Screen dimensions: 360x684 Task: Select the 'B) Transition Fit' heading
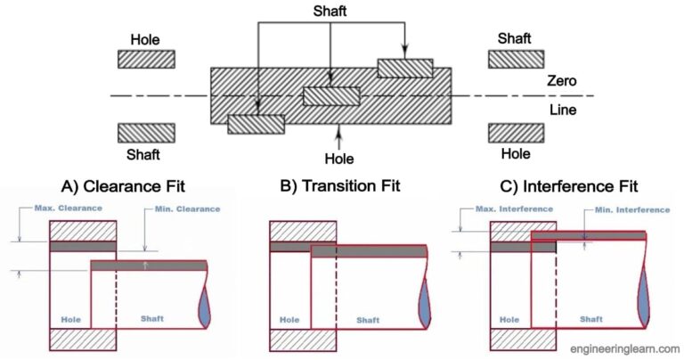[x=342, y=186]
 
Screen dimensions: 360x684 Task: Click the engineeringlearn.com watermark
[x=619, y=348]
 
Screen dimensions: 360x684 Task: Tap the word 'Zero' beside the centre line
[x=562, y=81]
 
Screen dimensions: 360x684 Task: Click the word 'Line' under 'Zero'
[x=562, y=110]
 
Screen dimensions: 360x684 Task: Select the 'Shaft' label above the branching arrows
[x=331, y=12]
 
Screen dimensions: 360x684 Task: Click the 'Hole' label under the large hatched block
[x=339, y=159]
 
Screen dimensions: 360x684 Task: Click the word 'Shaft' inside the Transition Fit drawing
[x=368, y=319]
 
